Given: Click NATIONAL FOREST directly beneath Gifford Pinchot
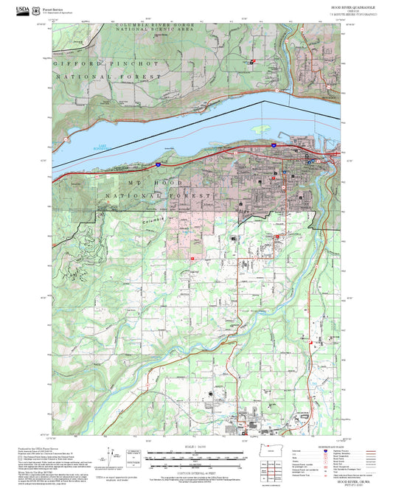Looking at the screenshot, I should click(x=111, y=76).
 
